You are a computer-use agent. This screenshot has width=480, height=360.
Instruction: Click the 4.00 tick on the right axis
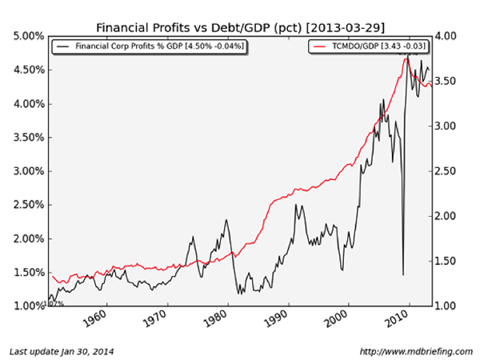(448, 37)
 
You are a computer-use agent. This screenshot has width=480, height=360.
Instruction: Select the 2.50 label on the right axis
(448, 171)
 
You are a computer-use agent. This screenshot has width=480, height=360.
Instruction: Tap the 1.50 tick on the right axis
(448, 261)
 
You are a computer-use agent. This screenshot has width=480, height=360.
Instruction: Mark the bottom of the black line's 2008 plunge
(402, 274)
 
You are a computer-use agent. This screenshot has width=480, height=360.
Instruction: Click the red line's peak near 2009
(409, 58)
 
